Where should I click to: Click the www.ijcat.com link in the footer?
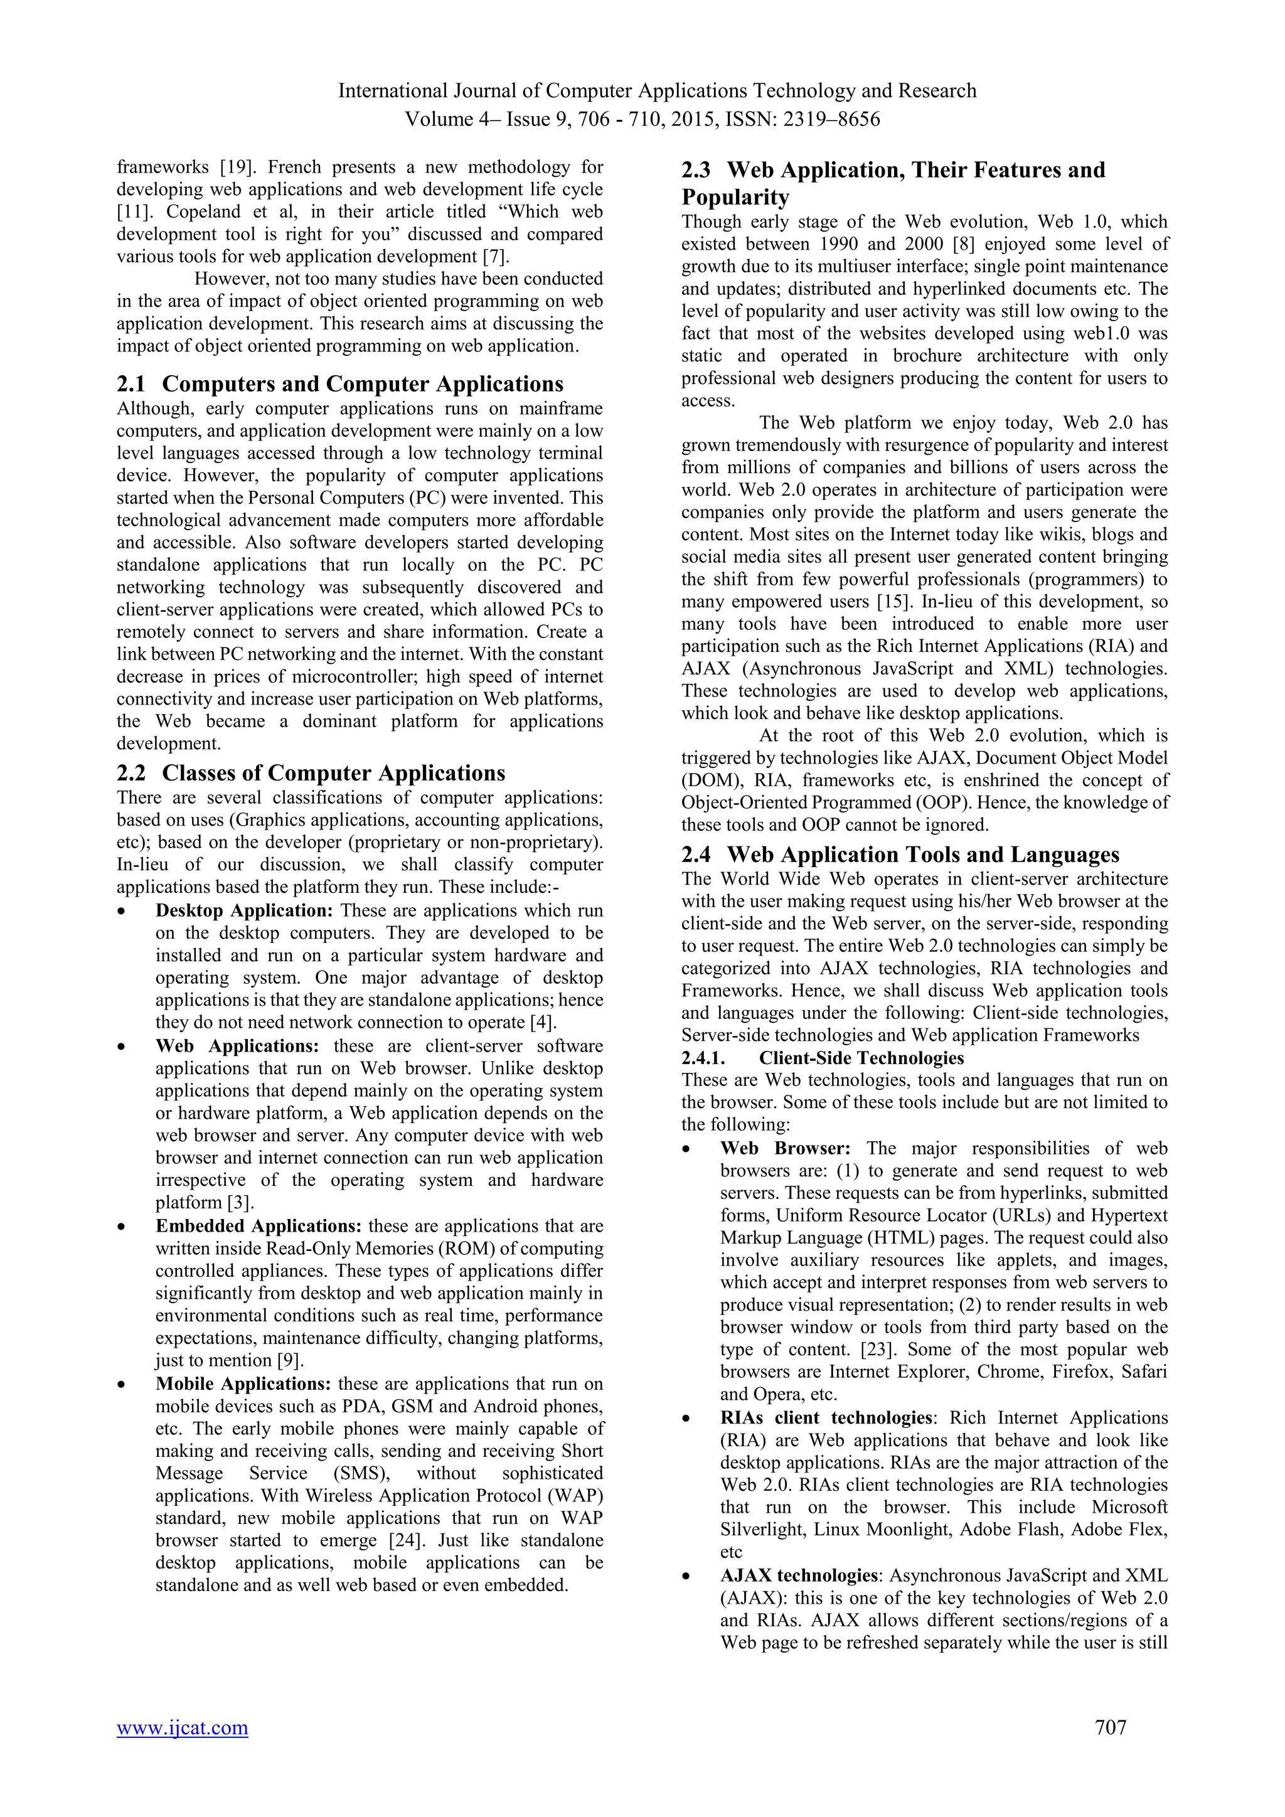pos(182,1727)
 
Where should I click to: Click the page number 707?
pos(1110,1727)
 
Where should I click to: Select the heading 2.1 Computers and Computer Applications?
pos(340,384)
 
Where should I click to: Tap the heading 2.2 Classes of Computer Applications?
pos(311,772)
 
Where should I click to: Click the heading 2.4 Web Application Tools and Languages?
pos(900,854)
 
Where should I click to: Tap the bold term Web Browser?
pos(785,1148)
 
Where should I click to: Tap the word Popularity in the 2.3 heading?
pos(735,197)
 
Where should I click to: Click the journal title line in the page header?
pos(657,91)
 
